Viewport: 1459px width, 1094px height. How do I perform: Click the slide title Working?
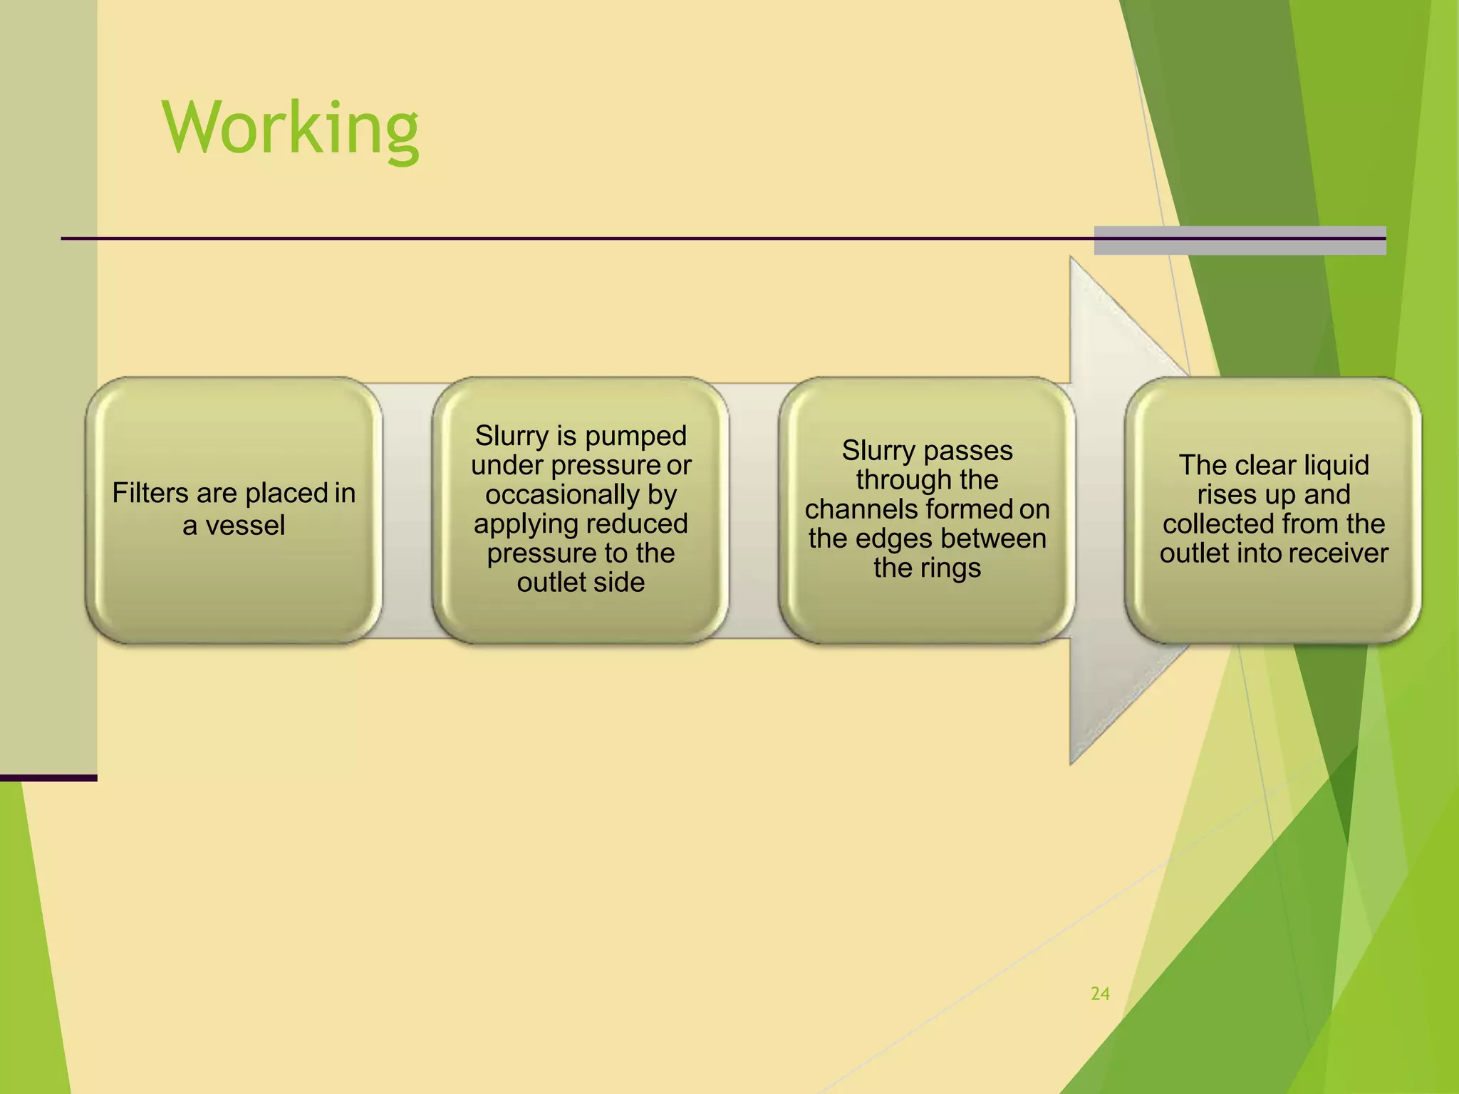(291, 128)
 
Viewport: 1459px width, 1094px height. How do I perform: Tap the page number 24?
(1100, 994)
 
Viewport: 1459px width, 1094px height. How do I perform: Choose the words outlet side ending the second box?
(581, 583)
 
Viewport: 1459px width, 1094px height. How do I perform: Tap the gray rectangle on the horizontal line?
(1240, 241)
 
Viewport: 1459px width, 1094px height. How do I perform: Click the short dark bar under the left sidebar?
(48, 778)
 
